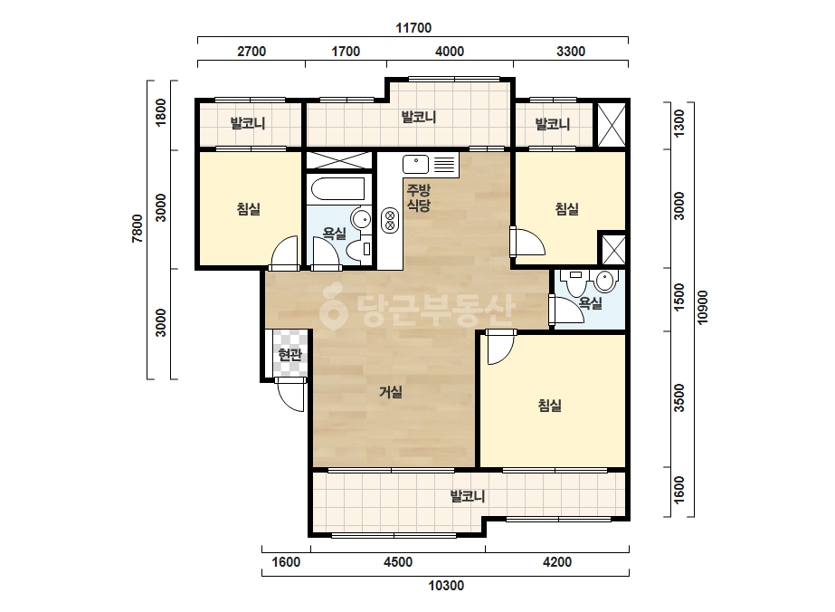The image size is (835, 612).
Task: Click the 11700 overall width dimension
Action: (x=413, y=28)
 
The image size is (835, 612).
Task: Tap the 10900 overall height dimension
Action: (x=702, y=308)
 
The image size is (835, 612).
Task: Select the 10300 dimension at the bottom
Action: (x=446, y=586)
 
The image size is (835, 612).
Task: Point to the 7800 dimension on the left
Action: (x=138, y=228)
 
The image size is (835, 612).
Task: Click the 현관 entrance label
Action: (x=289, y=354)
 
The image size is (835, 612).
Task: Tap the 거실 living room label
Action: (x=390, y=392)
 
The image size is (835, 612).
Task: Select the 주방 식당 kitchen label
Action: (x=419, y=197)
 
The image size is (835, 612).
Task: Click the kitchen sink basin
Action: (x=416, y=164)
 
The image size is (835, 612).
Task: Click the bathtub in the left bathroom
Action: (x=338, y=189)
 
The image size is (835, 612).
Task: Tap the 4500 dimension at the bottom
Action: (x=398, y=562)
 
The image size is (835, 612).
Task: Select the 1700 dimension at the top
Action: (x=346, y=52)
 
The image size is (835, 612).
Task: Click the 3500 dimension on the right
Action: (x=679, y=397)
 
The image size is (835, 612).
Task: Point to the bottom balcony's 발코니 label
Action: (x=468, y=496)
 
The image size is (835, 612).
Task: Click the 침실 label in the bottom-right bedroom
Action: (x=549, y=406)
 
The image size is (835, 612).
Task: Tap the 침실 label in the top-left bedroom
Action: (x=248, y=208)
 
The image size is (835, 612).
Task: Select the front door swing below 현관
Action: (x=290, y=396)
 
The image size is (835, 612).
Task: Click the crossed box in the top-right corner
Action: (x=611, y=124)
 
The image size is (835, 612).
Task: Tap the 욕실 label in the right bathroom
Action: (x=590, y=303)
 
